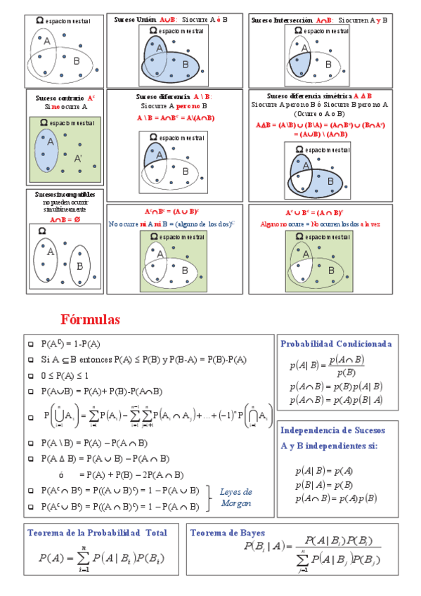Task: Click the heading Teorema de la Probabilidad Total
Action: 97,533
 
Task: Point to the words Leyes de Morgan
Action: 235,498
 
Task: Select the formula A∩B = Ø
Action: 65,219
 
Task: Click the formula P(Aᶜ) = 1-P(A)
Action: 70,344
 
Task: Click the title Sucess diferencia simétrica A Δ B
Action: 320,96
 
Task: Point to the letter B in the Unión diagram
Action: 186,65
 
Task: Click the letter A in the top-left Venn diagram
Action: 47,42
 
